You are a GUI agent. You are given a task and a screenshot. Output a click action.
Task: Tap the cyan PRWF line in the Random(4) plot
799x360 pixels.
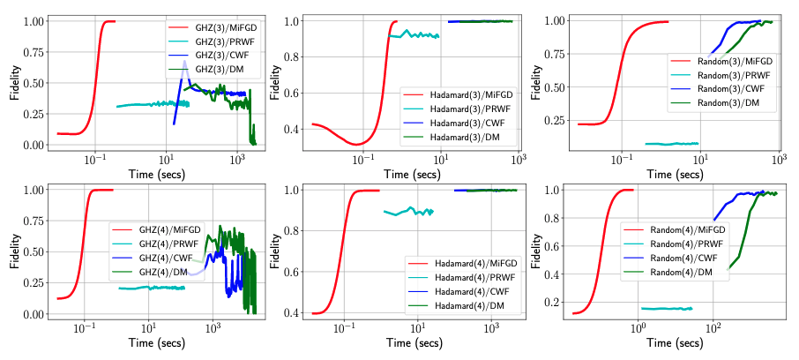click(666, 309)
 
